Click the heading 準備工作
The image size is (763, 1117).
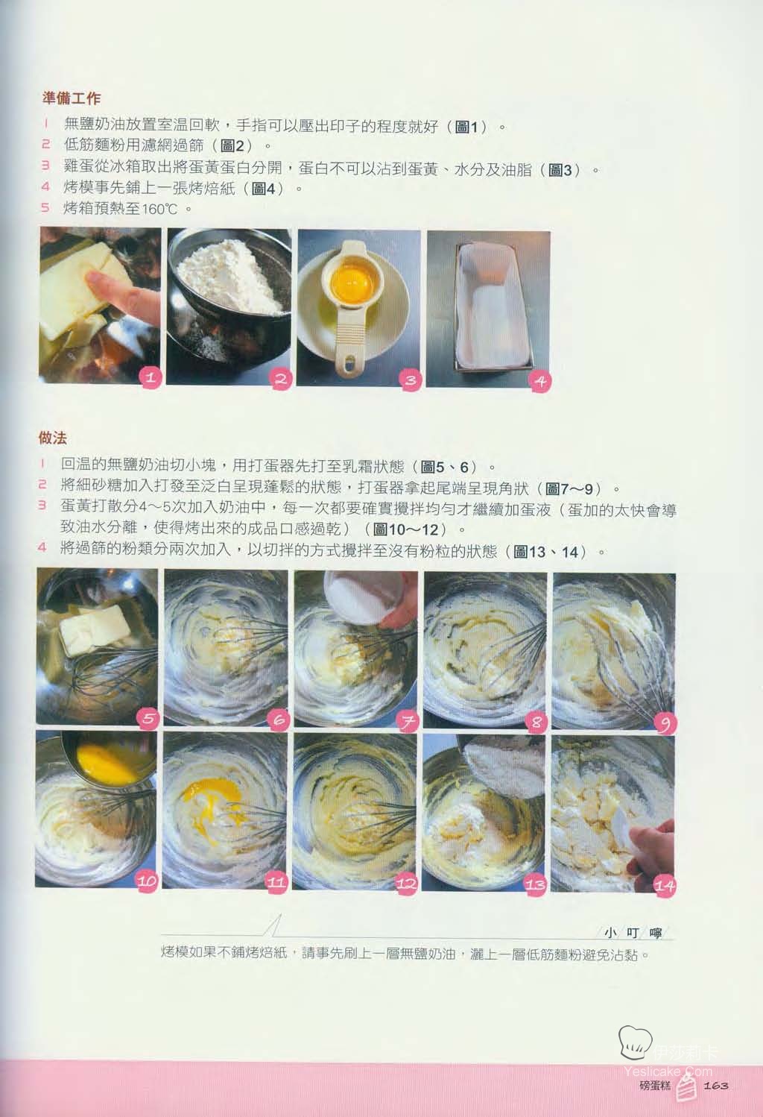[72, 98]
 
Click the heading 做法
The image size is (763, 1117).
[53, 438]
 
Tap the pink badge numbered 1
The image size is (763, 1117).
[151, 377]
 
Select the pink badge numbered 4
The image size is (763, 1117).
[540, 382]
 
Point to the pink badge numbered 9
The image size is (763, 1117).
[665, 724]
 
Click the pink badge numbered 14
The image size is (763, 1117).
[665, 886]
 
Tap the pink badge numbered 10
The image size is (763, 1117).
[147, 881]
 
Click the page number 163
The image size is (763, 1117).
[716, 1086]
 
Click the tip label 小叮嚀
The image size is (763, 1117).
[633, 933]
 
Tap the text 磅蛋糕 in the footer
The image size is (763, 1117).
[655, 1086]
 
